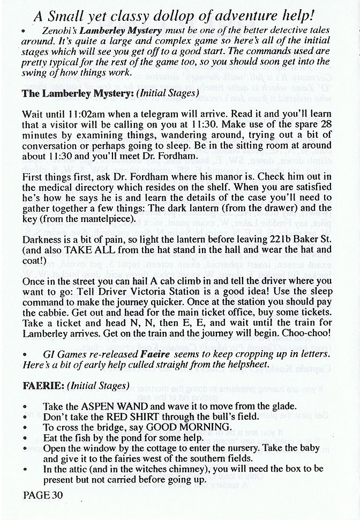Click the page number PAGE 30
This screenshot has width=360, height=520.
(43, 495)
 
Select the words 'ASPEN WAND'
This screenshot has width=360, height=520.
(109, 406)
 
